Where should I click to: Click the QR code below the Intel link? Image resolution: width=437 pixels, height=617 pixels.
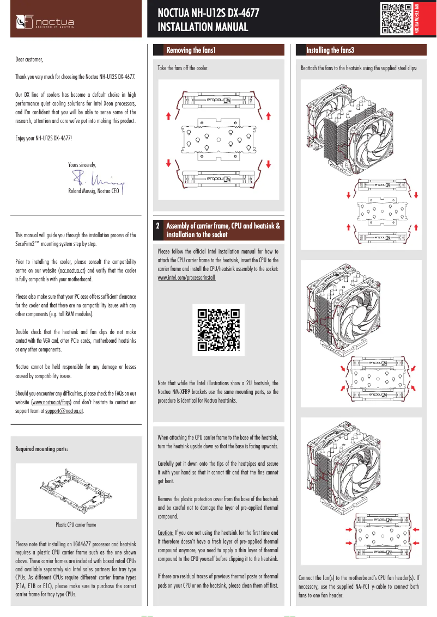(x=218, y=330)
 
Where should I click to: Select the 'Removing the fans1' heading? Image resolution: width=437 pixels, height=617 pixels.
(x=191, y=51)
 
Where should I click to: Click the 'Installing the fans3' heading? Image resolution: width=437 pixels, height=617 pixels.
(x=330, y=51)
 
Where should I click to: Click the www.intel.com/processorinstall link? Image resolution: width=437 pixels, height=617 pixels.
(x=186, y=277)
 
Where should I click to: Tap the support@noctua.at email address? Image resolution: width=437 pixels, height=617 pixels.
(x=64, y=411)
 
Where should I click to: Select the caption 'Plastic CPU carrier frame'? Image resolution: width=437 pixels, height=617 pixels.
(x=76, y=525)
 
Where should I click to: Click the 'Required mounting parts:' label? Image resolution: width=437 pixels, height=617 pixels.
(x=42, y=449)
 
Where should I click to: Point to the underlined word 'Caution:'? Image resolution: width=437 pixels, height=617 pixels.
(x=166, y=533)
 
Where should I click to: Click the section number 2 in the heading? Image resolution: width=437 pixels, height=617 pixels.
(x=158, y=225)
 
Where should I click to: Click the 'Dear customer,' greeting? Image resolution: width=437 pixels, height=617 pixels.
(x=29, y=59)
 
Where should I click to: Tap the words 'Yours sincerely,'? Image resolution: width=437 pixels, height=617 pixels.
(x=82, y=164)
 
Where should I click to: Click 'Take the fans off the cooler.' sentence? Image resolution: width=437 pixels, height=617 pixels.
(x=183, y=69)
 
